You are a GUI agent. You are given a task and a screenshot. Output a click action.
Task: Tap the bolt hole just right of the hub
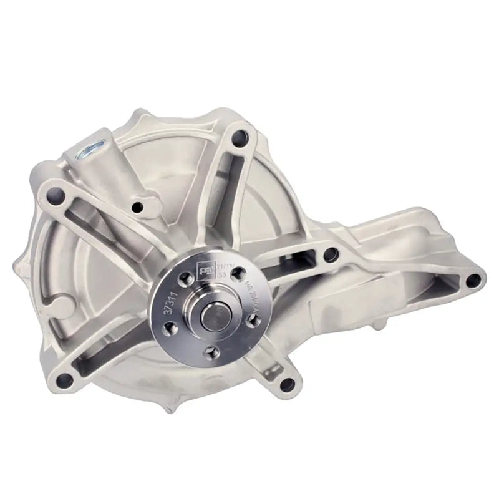(331, 254)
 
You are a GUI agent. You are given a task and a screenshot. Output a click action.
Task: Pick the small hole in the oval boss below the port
(138, 206)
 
